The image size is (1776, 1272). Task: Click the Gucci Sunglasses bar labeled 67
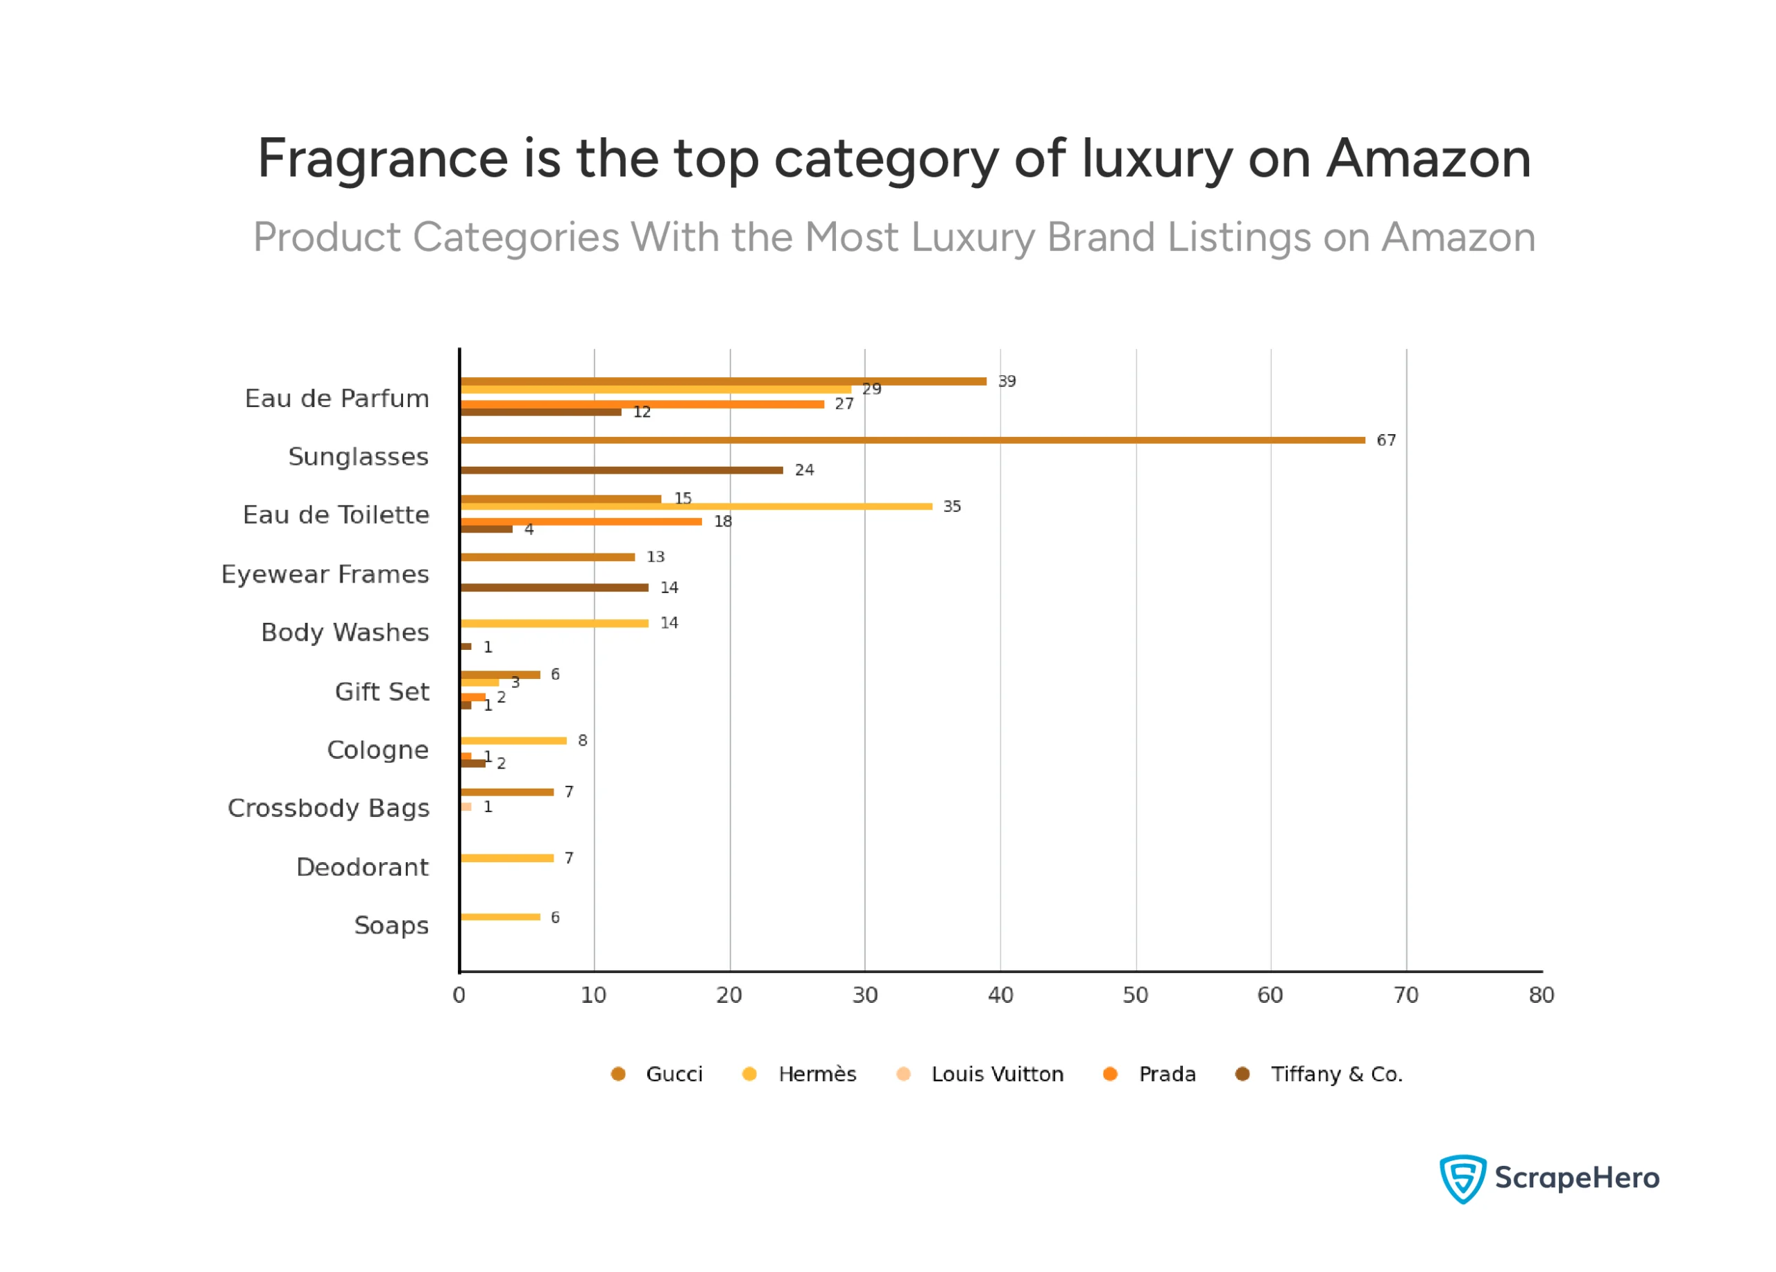(912, 440)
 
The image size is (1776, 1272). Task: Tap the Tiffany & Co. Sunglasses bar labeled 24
(622, 470)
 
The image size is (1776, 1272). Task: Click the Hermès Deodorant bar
(506, 858)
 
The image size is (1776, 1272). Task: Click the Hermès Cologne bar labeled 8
(513, 741)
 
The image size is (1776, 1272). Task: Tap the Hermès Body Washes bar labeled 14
(554, 623)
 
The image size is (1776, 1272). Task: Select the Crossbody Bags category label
(328, 808)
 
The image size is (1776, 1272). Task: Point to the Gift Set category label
(382, 692)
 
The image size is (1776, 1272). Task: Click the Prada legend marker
(1109, 1074)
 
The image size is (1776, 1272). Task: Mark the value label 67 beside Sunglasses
(1386, 440)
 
